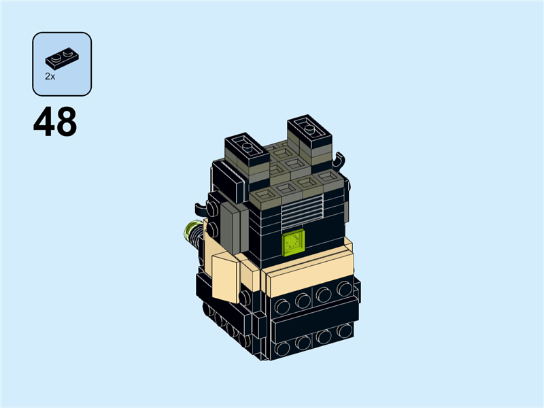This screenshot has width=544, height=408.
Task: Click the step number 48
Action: pyautogui.click(x=55, y=122)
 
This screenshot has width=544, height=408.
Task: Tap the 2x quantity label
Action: pyautogui.click(x=50, y=77)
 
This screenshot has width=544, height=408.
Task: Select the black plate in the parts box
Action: pyautogui.click(x=62, y=57)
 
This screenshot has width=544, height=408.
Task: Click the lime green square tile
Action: pyautogui.click(x=294, y=243)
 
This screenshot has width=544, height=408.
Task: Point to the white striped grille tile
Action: pyautogui.click(x=301, y=212)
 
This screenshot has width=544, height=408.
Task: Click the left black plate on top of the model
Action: pyautogui.click(x=248, y=146)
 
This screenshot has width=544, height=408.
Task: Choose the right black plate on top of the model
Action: pyautogui.click(x=309, y=129)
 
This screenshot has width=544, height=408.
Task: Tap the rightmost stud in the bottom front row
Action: pyautogui.click(x=345, y=331)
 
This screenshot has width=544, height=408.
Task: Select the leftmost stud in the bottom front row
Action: pyautogui.click(x=282, y=347)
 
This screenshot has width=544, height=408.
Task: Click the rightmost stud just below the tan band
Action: pyautogui.click(x=345, y=288)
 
